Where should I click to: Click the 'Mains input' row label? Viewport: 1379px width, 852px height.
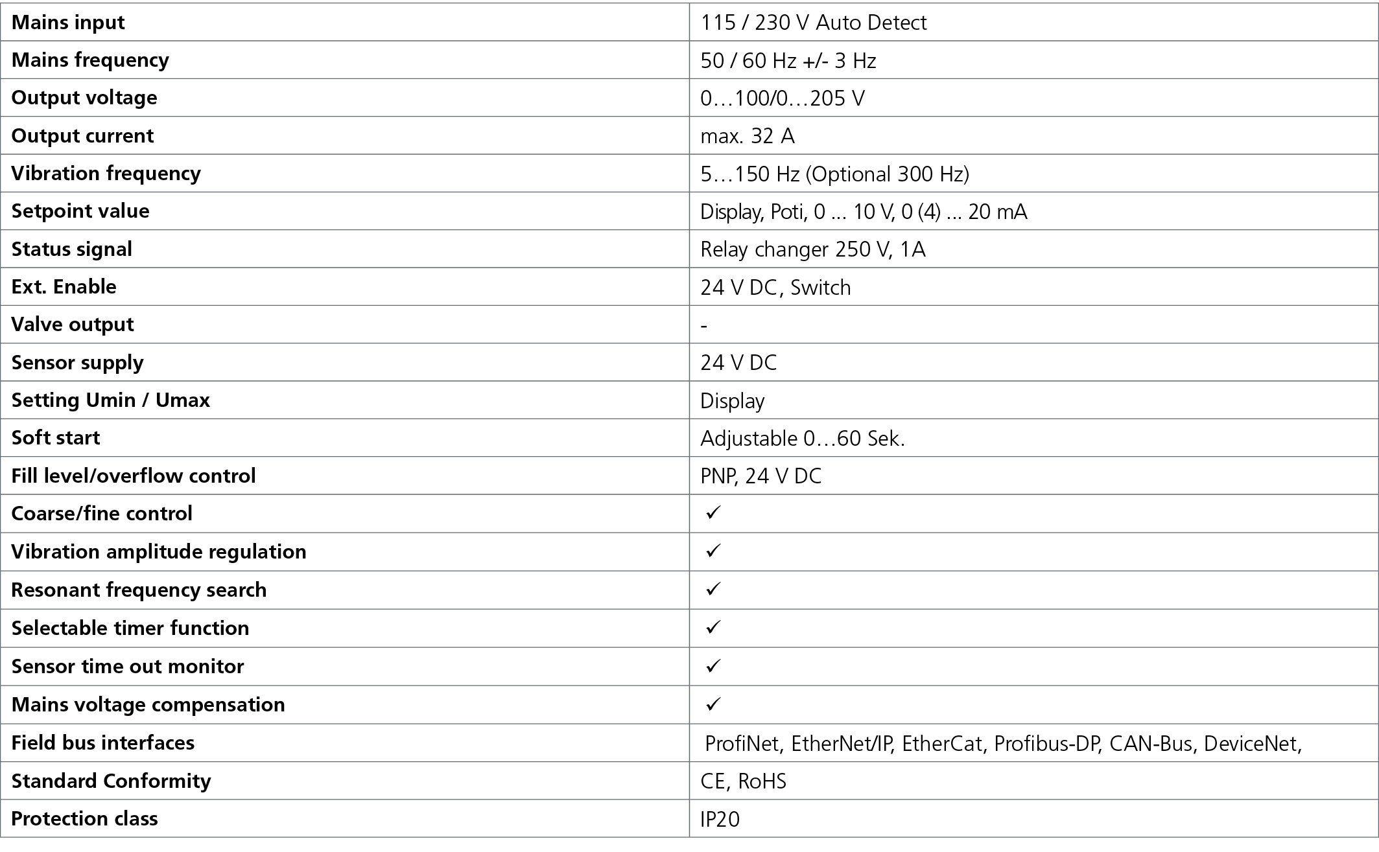click(x=68, y=23)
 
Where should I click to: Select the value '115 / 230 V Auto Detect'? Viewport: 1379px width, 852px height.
click(x=814, y=23)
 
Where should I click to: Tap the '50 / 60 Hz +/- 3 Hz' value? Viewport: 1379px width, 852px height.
click(x=788, y=61)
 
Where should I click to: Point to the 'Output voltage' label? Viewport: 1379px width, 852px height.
click(x=84, y=98)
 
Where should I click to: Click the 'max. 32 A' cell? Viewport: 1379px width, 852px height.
click(x=748, y=136)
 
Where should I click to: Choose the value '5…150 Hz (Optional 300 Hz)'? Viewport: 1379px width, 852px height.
click(x=835, y=174)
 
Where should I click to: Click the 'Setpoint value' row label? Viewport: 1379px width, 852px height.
click(x=80, y=211)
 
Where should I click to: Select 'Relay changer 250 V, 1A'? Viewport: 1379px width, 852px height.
click(x=813, y=249)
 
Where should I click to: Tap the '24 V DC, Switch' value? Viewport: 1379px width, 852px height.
click(x=775, y=287)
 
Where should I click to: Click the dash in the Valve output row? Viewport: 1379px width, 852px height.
click(x=704, y=325)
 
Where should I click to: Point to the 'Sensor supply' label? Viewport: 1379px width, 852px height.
click(x=78, y=363)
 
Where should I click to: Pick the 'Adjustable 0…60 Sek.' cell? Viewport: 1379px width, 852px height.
click(x=803, y=439)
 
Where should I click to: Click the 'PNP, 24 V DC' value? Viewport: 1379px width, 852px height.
click(x=761, y=476)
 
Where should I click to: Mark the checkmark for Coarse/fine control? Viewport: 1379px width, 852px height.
click(x=713, y=512)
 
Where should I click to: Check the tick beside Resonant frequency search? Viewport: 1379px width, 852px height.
click(x=713, y=589)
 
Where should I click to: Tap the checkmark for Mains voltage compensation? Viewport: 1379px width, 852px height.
click(x=713, y=704)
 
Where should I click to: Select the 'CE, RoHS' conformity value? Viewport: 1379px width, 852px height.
click(x=744, y=781)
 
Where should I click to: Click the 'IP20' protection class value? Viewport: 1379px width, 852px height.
click(x=720, y=820)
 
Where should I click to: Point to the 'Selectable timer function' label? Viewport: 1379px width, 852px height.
click(x=130, y=628)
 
